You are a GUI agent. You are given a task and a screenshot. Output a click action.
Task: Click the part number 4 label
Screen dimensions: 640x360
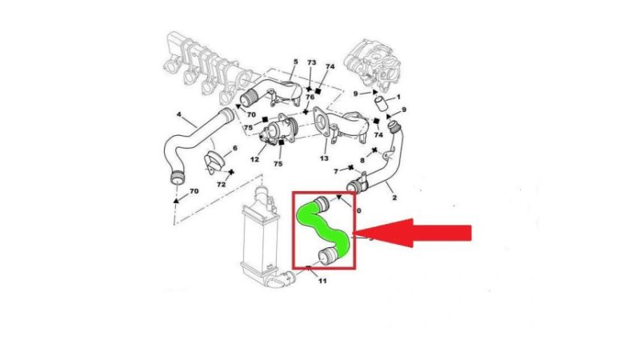point(178,114)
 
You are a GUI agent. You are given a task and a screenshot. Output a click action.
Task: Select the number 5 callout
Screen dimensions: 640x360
point(296,62)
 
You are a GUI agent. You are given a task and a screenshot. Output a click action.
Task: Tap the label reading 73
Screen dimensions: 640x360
point(311,62)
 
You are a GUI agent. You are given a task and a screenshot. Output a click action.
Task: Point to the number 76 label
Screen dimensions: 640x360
point(310,97)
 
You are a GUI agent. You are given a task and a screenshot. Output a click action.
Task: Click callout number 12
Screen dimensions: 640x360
point(254,158)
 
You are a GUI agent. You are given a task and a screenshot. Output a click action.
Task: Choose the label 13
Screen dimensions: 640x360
point(324,158)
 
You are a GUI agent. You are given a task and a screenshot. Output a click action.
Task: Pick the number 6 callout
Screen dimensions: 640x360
point(234,148)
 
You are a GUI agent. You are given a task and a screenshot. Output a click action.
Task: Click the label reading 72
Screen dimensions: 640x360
point(222,185)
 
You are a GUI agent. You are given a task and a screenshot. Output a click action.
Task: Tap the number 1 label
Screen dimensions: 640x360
point(398,97)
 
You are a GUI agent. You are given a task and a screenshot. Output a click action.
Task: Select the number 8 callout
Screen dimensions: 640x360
point(362,161)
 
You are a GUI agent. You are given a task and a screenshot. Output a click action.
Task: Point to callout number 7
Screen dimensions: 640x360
point(336,171)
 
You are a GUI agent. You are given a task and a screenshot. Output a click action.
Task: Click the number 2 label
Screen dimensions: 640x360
point(394,198)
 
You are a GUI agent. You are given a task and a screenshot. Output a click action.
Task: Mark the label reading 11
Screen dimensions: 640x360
point(322,281)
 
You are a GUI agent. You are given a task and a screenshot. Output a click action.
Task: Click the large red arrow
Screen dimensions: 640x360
point(412,233)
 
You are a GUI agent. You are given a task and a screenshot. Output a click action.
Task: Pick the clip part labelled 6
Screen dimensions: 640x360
point(214,162)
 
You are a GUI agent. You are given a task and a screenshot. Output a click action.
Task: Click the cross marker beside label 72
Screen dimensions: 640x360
point(231,172)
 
